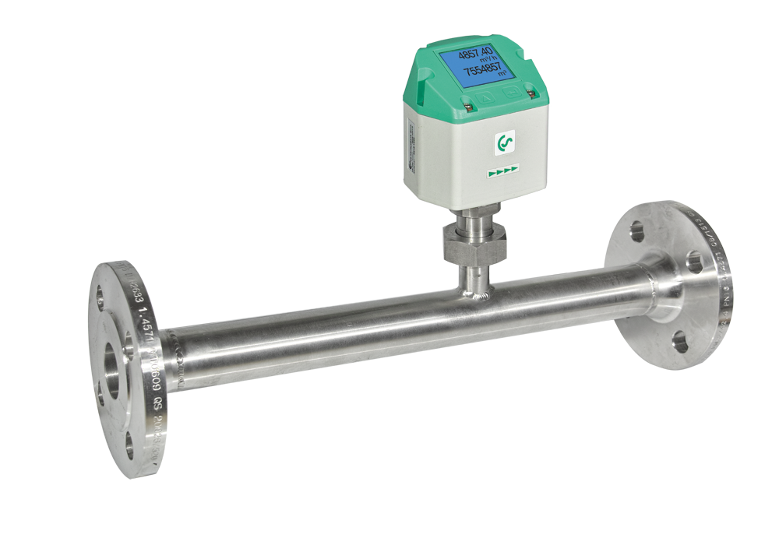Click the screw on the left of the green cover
[x=464, y=100]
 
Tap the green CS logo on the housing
[x=504, y=143]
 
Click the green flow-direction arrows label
[x=502, y=173]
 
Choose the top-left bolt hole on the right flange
[x=636, y=230]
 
